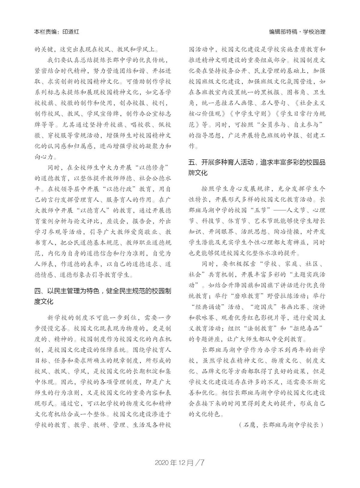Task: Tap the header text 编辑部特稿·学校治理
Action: (297, 32)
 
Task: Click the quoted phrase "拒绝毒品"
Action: (306, 329)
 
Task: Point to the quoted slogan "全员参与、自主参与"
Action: (287, 125)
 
